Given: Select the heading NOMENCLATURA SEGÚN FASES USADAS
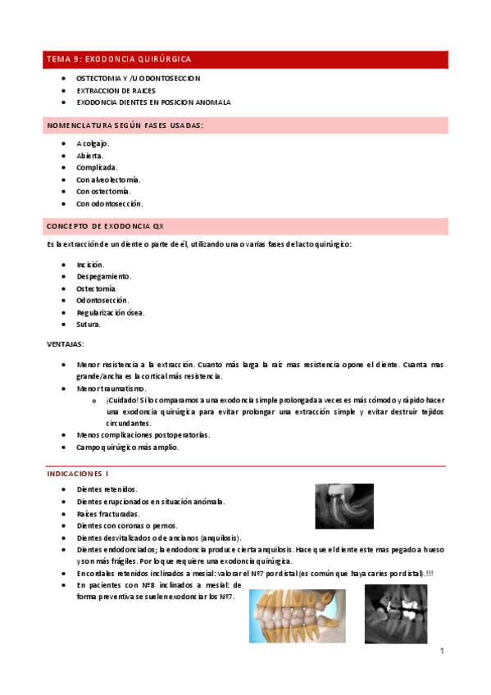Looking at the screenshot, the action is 125,125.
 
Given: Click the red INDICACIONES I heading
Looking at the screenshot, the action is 78,474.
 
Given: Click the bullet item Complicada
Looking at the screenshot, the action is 97,166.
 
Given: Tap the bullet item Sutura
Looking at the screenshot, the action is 89,325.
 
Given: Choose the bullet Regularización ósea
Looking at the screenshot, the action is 109,312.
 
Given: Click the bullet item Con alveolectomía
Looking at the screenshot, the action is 108,179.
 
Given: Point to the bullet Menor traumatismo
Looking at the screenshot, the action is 111,388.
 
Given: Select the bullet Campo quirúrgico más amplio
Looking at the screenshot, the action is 126,447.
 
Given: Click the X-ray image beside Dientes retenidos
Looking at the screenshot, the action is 343,506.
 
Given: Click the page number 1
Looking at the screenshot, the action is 441,652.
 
